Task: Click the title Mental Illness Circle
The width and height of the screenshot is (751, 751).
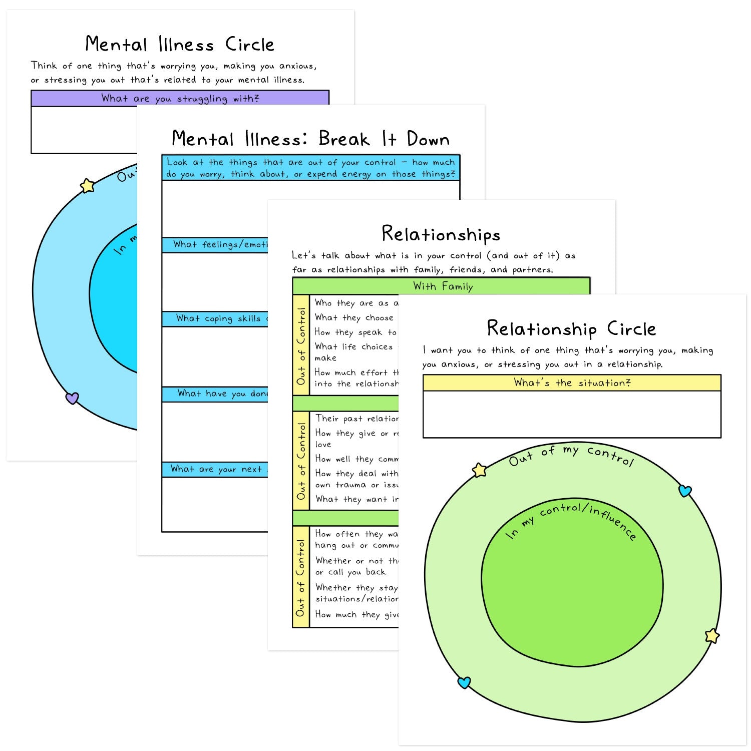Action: [x=180, y=45]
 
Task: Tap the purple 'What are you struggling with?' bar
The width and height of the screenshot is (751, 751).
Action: [x=180, y=98]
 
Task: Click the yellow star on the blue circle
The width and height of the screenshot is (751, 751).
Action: [x=88, y=186]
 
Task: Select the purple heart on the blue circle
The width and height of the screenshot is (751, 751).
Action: [x=72, y=398]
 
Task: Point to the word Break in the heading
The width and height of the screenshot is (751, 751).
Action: [x=343, y=139]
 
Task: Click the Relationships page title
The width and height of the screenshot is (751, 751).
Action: [x=441, y=234]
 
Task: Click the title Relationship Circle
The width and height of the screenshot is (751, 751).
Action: [x=571, y=329]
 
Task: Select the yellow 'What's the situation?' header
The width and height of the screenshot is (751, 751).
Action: [x=572, y=383]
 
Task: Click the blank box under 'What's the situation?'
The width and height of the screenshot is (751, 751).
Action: [x=572, y=414]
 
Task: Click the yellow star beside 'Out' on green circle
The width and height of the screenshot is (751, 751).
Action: [x=480, y=470]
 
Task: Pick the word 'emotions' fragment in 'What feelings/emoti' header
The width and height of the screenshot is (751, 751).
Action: [x=253, y=245]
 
